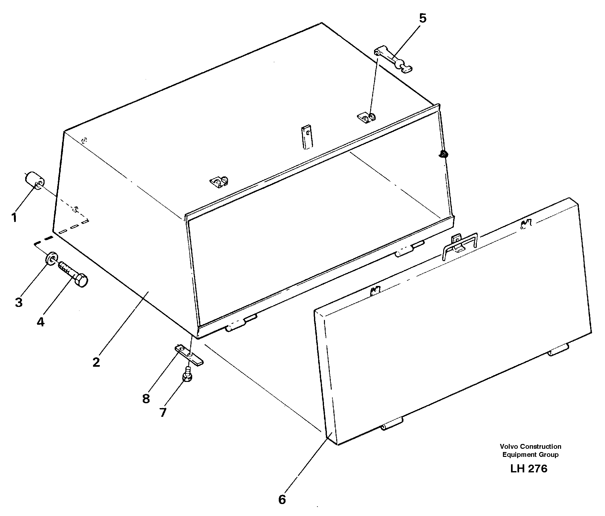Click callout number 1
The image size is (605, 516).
pos(14,217)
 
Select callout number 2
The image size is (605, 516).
pos(96,362)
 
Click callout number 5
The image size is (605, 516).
pos(422,18)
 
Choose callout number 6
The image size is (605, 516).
pos(282,500)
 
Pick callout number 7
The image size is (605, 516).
pos(163,412)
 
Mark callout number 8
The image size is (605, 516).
pos(146,399)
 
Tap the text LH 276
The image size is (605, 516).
pos(529,469)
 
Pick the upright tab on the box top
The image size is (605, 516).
pos(307,137)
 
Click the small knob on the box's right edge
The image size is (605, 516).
pos(443,154)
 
